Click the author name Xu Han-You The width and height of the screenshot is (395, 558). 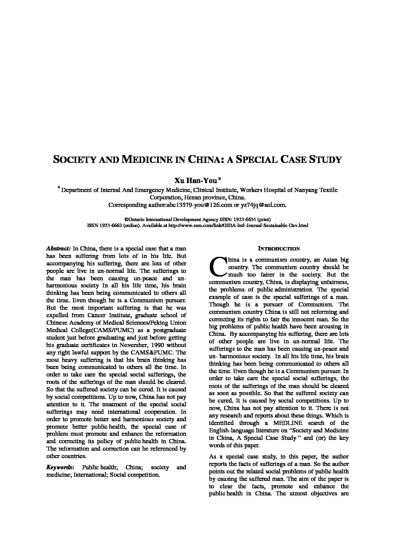[196, 181]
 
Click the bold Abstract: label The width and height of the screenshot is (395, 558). [58, 248]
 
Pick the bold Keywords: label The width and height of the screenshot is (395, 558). [60, 467]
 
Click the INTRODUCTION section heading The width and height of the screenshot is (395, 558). [279, 249]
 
